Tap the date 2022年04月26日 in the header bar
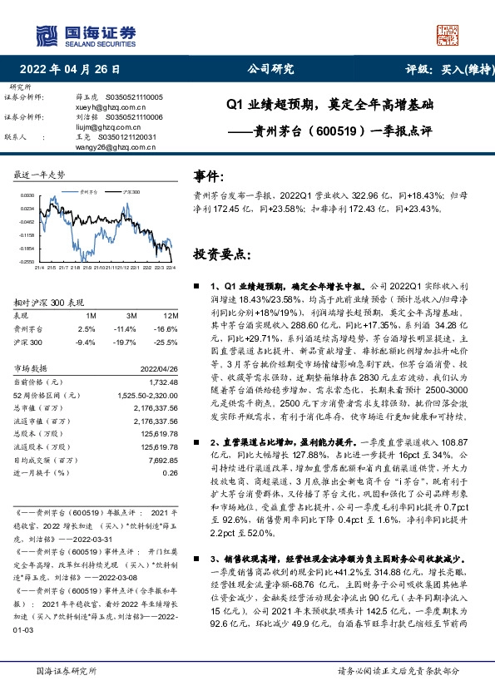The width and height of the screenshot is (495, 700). coord(76,69)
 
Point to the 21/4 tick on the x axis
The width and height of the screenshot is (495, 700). coord(38,268)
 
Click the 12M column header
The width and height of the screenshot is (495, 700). coord(170,317)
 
